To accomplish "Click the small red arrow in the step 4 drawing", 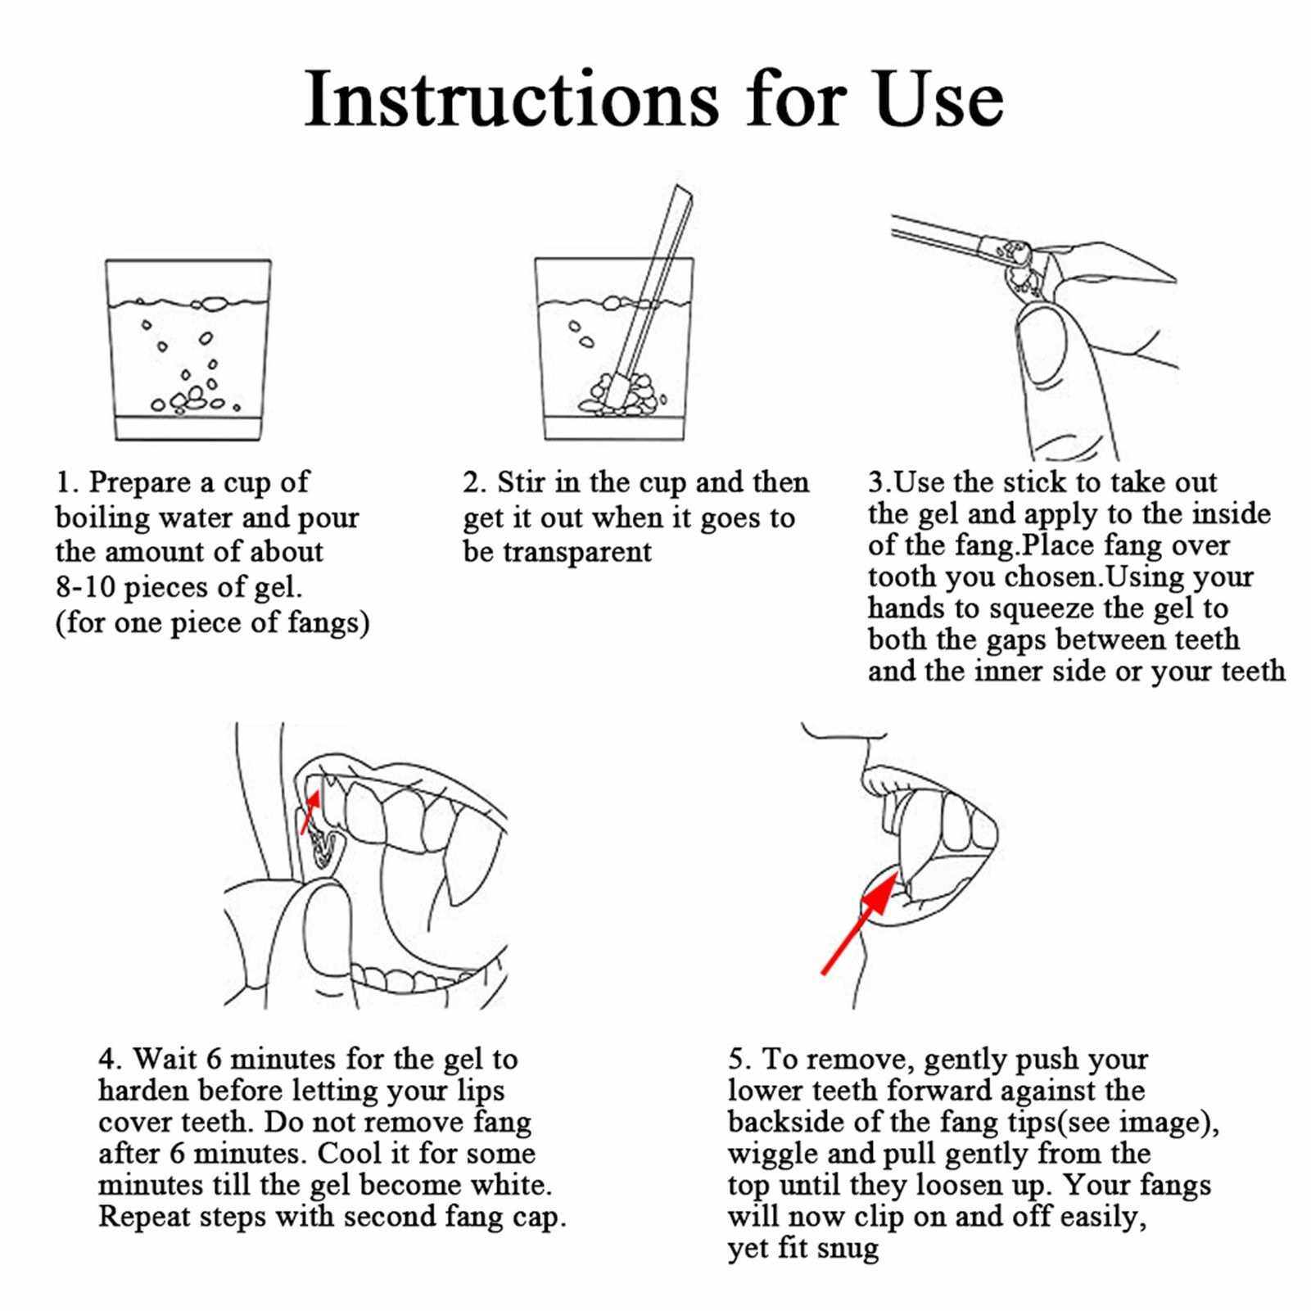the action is coord(309,811).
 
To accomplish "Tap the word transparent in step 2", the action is coord(576,553).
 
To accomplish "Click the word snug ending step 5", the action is coord(848,1250).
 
